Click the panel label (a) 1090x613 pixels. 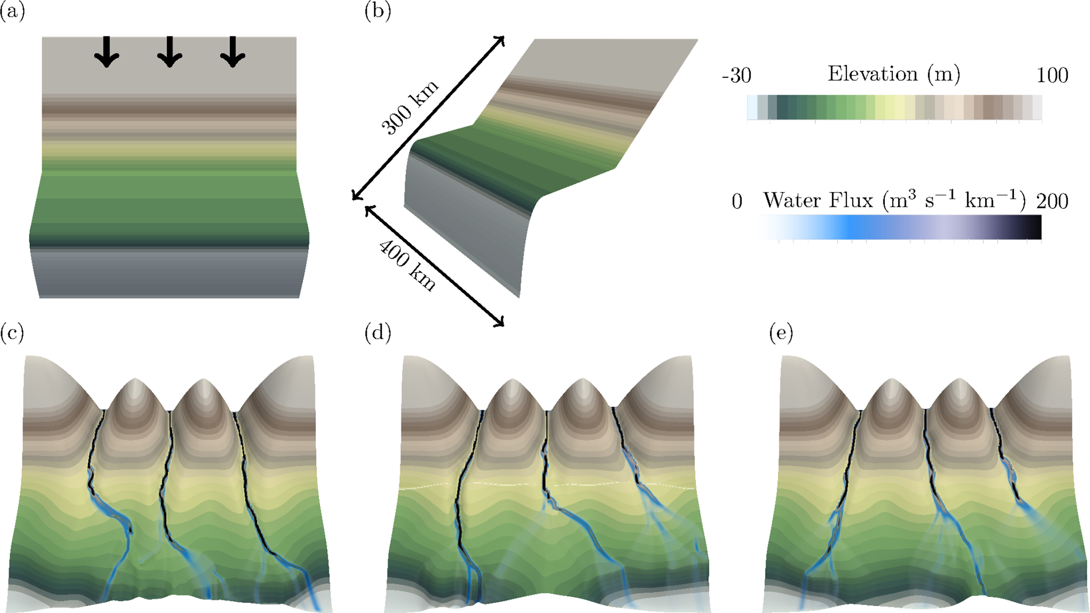[x=12, y=12]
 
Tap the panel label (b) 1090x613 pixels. [x=378, y=12]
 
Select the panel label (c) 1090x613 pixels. [x=12, y=333]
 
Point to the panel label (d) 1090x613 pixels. [x=378, y=333]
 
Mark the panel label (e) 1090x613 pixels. [x=781, y=333]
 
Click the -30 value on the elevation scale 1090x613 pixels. [x=736, y=76]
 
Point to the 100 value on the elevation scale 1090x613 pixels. [x=1052, y=76]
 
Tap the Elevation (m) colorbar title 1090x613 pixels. [x=894, y=74]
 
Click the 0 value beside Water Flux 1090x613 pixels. [x=737, y=201]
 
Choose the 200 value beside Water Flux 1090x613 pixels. [x=1052, y=201]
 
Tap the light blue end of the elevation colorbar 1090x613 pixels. [x=752, y=108]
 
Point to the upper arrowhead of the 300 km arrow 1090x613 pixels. [x=501, y=40]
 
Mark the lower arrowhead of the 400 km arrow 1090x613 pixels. [x=501, y=323]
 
